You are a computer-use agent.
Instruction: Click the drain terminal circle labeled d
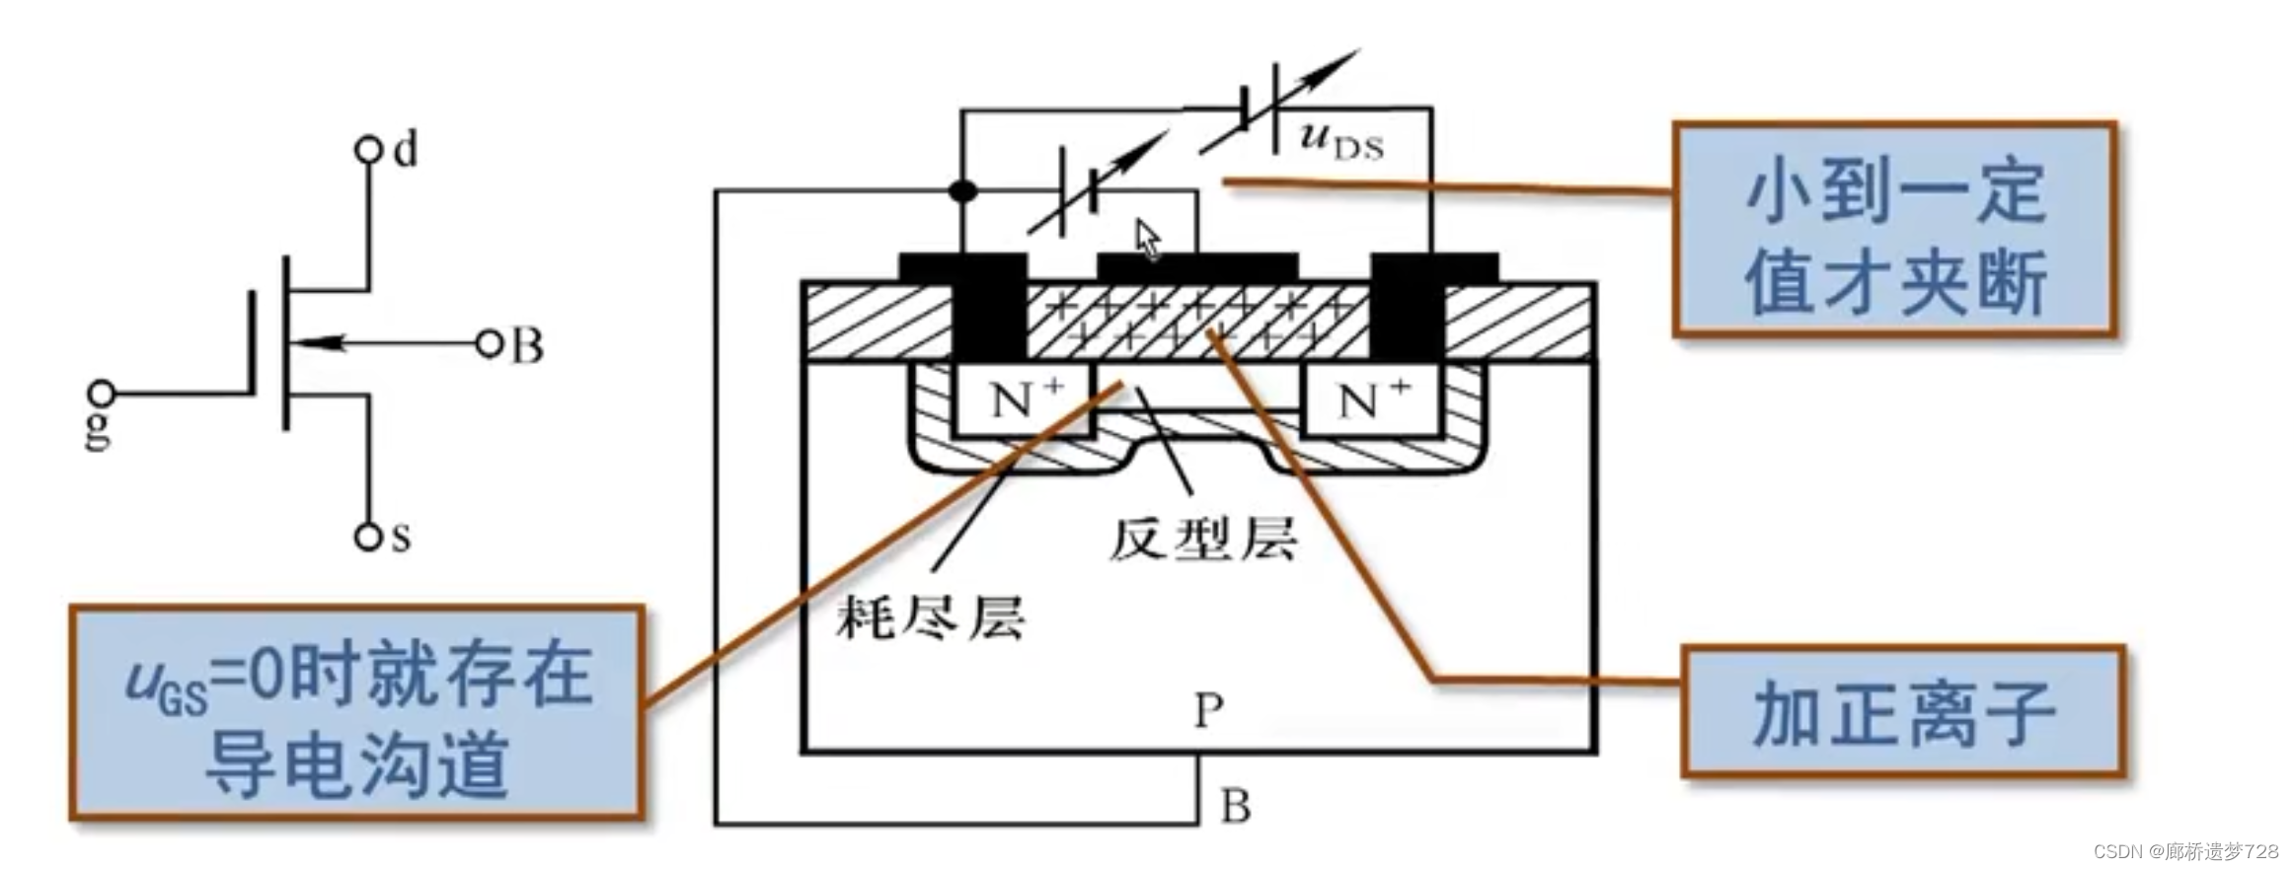368,151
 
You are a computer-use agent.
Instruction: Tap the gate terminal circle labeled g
102,394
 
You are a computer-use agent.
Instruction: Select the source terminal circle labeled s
368,538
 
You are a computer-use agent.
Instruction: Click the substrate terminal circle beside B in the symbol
488,344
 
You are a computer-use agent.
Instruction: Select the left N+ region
1024,400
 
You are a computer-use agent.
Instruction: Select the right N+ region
1373,400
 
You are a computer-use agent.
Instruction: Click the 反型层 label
1202,540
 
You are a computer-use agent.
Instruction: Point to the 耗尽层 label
930,618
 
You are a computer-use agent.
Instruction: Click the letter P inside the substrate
1209,709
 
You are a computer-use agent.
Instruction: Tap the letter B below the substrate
1236,807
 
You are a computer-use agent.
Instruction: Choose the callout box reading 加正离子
1901,712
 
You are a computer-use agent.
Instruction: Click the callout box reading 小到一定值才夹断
1894,230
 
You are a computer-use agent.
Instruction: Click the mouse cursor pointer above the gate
1147,239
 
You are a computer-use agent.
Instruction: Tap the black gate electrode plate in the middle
1197,266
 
